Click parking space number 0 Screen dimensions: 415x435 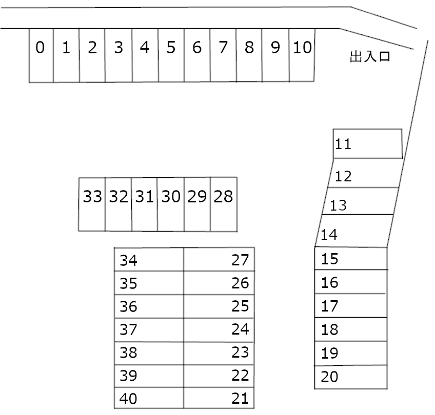point(41,55)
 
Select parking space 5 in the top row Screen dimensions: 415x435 point(171,55)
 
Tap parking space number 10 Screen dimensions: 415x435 point(302,55)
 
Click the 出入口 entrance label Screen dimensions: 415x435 point(370,56)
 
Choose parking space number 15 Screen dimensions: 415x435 point(350,258)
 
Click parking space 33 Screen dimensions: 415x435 point(92,204)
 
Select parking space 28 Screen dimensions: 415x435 point(224,204)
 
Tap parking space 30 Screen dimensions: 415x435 point(171,204)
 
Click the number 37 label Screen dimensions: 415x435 point(128,330)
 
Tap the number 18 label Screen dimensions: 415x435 point(330,330)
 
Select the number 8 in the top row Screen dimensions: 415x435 point(249,48)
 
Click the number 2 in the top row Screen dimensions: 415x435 point(92,48)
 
